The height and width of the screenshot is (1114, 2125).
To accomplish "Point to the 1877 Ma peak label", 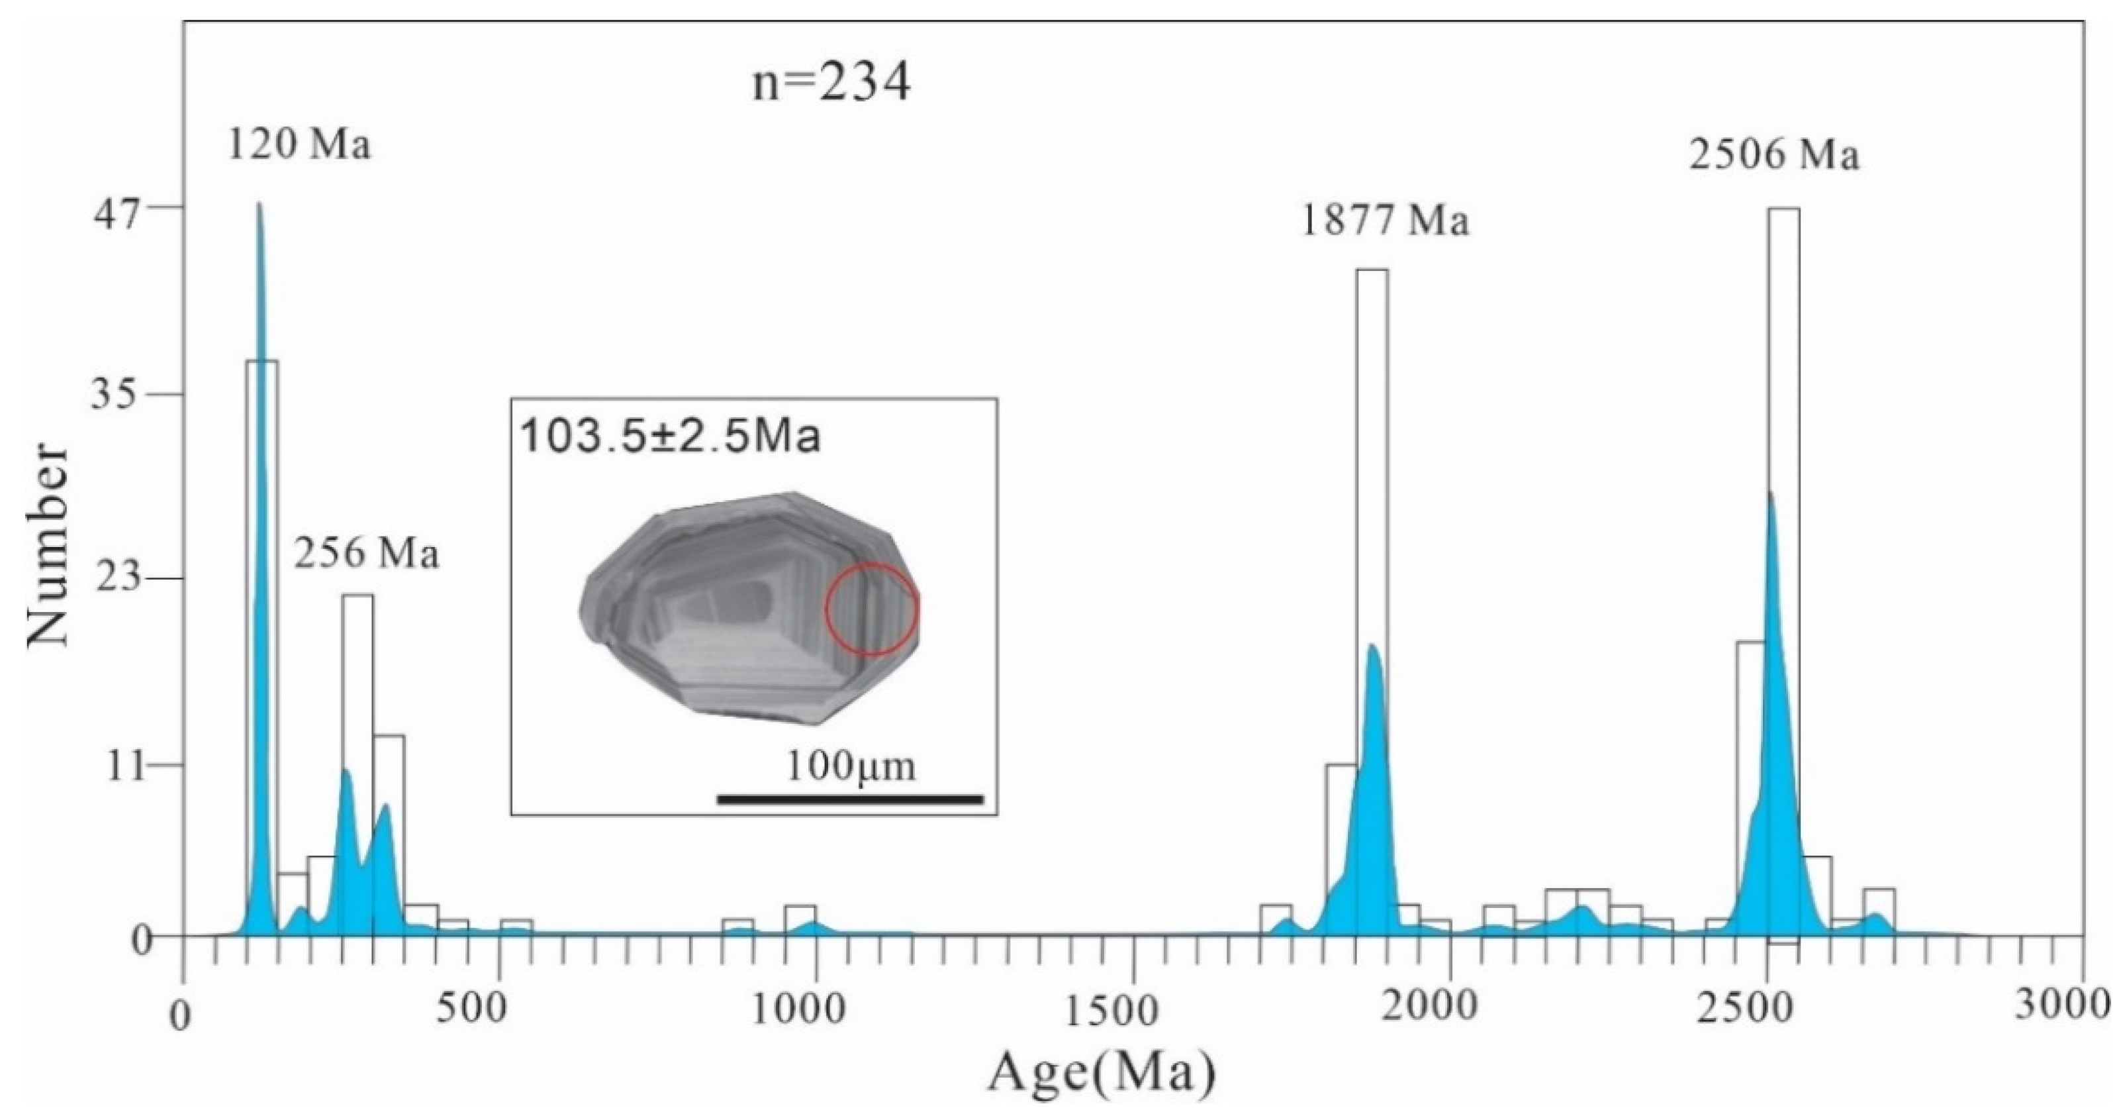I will pos(1386,221).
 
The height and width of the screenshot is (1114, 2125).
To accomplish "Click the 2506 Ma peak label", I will pos(1774,154).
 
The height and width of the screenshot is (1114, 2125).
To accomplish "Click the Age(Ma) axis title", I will pos(1102,1074).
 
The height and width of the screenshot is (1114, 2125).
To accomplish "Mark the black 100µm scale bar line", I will pos(850,799).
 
